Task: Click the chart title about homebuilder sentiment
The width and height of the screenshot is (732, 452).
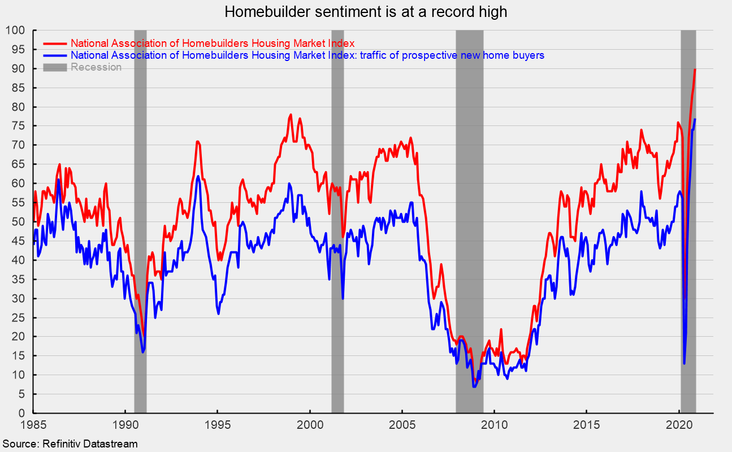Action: (365, 11)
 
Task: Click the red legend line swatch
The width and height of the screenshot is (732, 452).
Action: (55, 43)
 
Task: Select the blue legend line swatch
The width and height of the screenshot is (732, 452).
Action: (55, 55)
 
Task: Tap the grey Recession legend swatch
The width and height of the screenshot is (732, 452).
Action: (55, 67)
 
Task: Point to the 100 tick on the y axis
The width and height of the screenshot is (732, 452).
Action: (16, 30)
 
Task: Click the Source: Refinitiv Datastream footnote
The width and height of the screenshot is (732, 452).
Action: (69, 444)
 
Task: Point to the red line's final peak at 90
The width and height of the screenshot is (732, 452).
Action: (695, 69)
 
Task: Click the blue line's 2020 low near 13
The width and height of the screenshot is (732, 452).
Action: (684, 363)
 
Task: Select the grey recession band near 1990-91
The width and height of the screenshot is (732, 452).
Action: (140, 226)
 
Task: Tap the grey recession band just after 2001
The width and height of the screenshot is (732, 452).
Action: (337, 226)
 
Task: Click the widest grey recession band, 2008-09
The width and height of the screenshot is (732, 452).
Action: (469, 226)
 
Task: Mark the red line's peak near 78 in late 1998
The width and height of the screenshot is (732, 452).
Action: (291, 115)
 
